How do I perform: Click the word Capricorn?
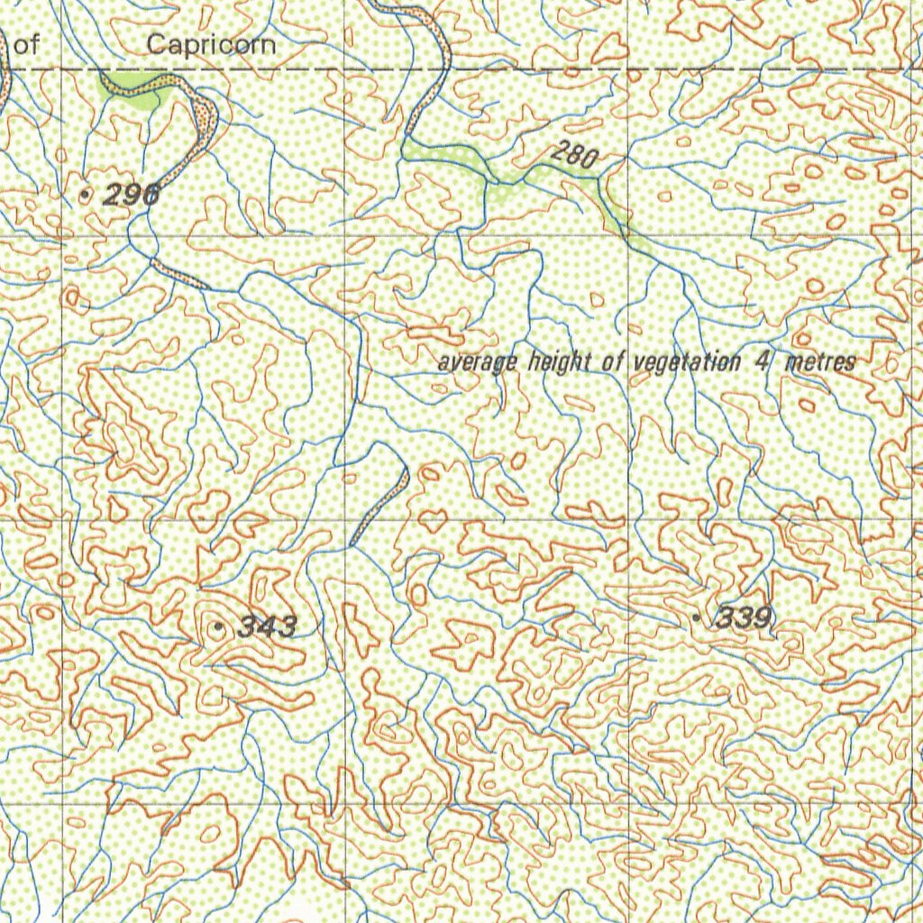(211, 44)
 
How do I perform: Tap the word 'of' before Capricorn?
(27, 45)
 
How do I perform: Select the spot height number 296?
(132, 193)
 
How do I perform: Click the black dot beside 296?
(86, 193)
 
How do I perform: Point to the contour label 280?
(574, 155)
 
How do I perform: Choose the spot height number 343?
(267, 626)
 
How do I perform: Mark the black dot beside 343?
(218, 626)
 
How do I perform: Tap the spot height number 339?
(743, 618)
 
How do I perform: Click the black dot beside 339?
(696, 617)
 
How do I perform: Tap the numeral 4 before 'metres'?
(763, 362)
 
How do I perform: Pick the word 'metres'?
(820, 362)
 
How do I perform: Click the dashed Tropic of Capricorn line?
(541, 69)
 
